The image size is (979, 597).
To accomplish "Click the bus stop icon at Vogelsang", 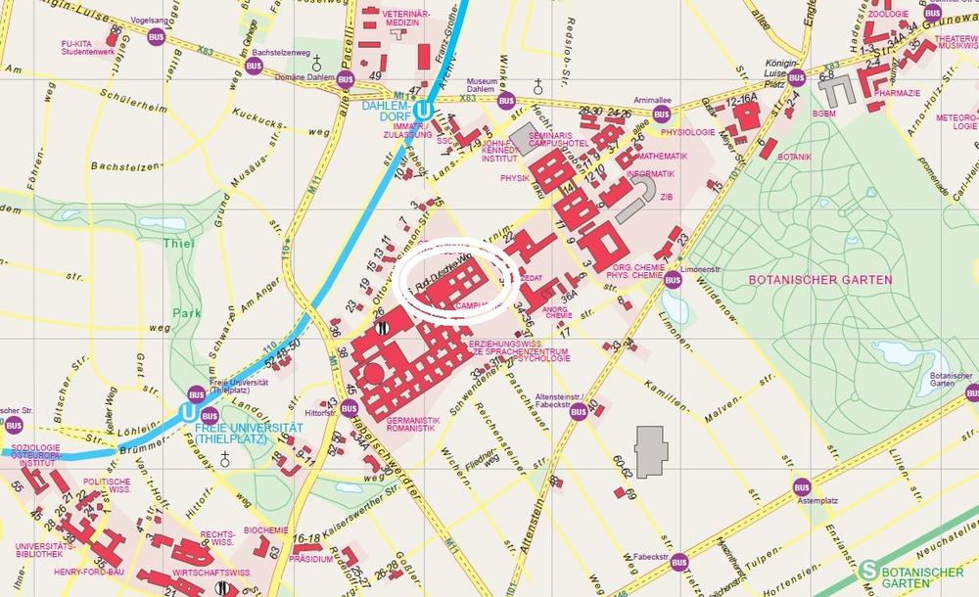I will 155,37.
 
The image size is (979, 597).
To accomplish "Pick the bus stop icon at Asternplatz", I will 803,485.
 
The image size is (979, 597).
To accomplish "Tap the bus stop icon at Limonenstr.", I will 673,280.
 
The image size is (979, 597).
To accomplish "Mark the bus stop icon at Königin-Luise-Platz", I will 796,77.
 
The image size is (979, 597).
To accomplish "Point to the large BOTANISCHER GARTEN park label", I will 820,280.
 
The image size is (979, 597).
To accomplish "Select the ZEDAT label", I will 532,278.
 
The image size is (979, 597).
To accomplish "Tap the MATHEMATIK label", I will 663,156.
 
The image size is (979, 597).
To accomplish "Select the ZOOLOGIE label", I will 888,15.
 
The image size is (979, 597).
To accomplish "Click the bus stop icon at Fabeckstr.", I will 678,560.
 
